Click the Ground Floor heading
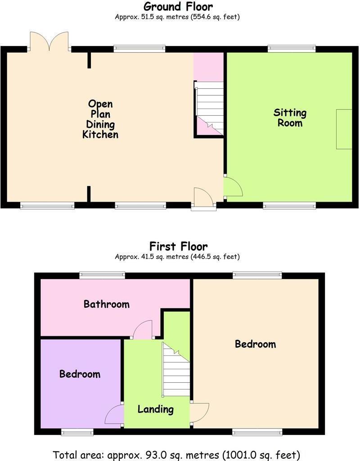click(x=178, y=7)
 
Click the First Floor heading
click(x=178, y=246)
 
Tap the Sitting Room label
click(x=290, y=118)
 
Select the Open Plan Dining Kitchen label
click(x=100, y=119)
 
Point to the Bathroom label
click(x=107, y=304)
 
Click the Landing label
click(x=156, y=409)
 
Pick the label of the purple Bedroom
click(x=80, y=374)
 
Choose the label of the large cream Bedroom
click(x=255, y=344)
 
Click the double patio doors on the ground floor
click(x=49, y=41)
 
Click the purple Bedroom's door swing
click(x=115, y=415)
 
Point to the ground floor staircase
click(x=209, y=108)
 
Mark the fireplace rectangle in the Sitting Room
click(x=344, y=129)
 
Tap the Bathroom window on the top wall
click(x=102, y=275)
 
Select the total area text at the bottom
click(x=176, y=454)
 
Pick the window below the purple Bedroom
click(x=77, y=433)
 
